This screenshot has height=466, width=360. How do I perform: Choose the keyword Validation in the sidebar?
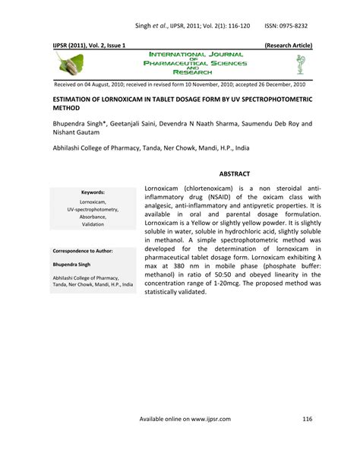point(93,224)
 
